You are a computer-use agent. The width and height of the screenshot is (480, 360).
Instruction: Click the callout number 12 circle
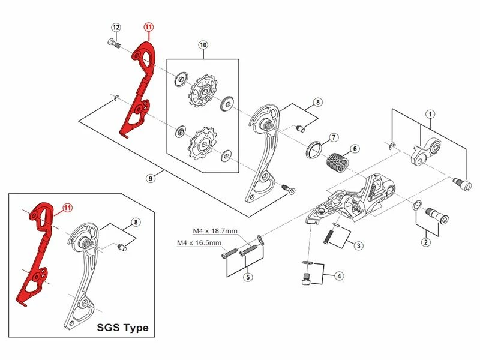(x=116, y=28)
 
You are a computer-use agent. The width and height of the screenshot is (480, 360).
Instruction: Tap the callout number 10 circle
(x=203, y=46)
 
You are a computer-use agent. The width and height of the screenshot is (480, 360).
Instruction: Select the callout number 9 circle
(x=151, y=177)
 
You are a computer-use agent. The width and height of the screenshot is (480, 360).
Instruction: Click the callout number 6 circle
(x=355, y=148)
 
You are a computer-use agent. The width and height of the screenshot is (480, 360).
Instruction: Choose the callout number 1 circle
(x=430, y=114)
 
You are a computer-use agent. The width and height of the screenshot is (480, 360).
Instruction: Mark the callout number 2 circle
(x=425, y=242)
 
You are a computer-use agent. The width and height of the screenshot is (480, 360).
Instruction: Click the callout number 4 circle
(x=339, y=276)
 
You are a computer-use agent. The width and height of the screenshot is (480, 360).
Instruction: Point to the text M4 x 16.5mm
(x=199, y=243)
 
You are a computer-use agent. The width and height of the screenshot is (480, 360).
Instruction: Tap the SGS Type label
(x=122, y=328)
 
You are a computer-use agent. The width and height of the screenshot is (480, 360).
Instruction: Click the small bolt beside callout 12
(x=113, y=43)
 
